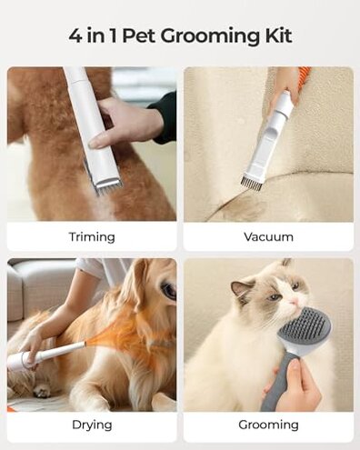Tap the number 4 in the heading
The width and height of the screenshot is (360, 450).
click(75, 35)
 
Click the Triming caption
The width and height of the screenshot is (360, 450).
click(92, 236)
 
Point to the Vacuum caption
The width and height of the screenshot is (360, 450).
click(268, 236)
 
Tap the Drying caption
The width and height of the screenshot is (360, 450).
click(92, 425)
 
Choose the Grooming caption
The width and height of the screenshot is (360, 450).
click(268, 425)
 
